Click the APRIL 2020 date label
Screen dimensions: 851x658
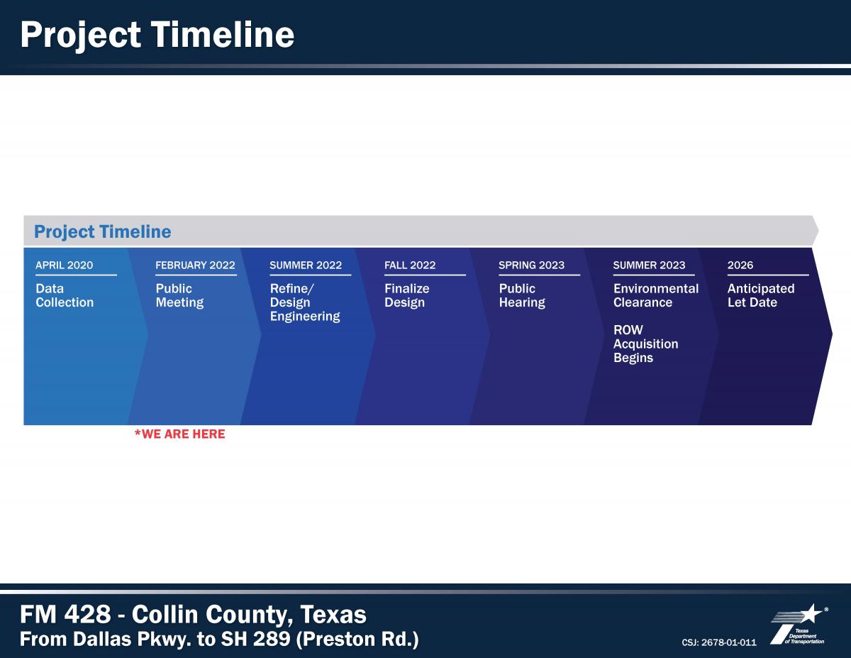[65, 265]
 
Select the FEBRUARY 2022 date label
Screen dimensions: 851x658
[195, 265]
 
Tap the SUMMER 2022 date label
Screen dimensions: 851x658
[306, 265]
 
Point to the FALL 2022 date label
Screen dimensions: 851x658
[410, 265]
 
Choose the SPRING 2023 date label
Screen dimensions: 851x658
[531, 265]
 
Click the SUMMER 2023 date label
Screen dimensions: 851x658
[649, 265]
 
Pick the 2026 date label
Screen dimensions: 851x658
[740, 265]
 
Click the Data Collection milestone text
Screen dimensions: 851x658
[65, 295]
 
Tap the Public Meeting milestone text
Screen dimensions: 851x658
[179, 295]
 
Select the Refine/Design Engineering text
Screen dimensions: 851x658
[305, 302]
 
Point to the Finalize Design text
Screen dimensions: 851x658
[406, 295]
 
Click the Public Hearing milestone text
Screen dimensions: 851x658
[522, 295]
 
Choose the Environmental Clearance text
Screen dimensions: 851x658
[656, 295]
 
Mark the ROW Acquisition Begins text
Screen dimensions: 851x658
[646, 344]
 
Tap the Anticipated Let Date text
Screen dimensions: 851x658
[761, 295]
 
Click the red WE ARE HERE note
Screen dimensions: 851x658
[179, 434]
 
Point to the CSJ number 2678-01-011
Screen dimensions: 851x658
[719, 642]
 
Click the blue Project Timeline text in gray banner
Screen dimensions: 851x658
[103, 231]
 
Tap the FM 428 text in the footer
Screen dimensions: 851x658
[65, 614]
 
